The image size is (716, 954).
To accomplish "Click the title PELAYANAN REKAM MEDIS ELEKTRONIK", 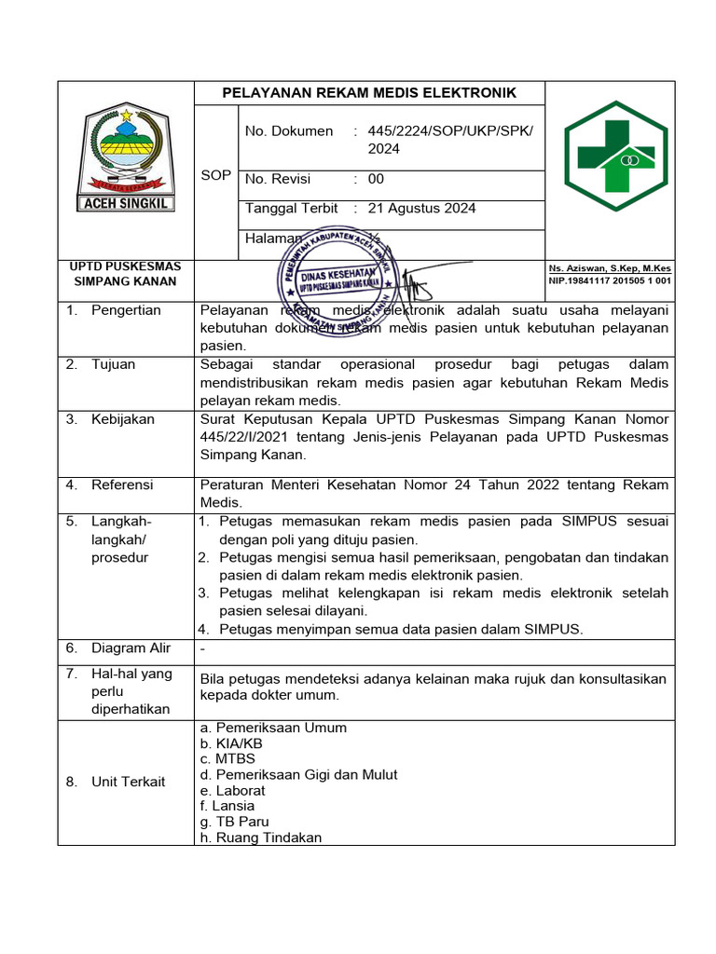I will pyautogui.click(x=368, y=93).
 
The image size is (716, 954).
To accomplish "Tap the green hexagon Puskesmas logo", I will pyautogui.click(x=615, y=157).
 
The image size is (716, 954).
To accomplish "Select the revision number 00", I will pyautogui.click(x=376, y=179).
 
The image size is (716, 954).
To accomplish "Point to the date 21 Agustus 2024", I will pyautogui.click(x=421, y=208).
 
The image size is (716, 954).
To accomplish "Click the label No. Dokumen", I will pyautogui.click(x=288, y=131).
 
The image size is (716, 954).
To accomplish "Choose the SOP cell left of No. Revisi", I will pyautogui.click(x=215, y=175).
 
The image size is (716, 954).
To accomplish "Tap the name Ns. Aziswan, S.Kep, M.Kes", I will pyautogui.click(x=610, y=268).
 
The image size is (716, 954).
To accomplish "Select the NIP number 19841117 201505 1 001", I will pyautogui.click(x=610, y=280).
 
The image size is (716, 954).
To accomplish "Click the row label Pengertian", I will pyautogui.click(x=126, y=310).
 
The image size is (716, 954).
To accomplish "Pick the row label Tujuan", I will pyautogui.click(x=113, y=364).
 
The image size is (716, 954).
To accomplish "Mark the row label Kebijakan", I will pyautogui.click(x=122, y=419).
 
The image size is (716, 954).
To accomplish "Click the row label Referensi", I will pyautogui.click(x=122, y=484).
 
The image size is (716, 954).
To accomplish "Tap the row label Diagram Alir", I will pyautogui.click(x=131, y=647).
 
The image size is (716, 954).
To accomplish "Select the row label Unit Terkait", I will pyautogui.click(x=128, y=782).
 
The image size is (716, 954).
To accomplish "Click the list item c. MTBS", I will pyautogui.click(x=227, y=758).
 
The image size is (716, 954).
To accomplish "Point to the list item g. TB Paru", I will pyautogui.click(x=234, y=821).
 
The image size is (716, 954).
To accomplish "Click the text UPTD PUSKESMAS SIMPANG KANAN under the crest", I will pyautogui.click(x=125, y=274).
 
